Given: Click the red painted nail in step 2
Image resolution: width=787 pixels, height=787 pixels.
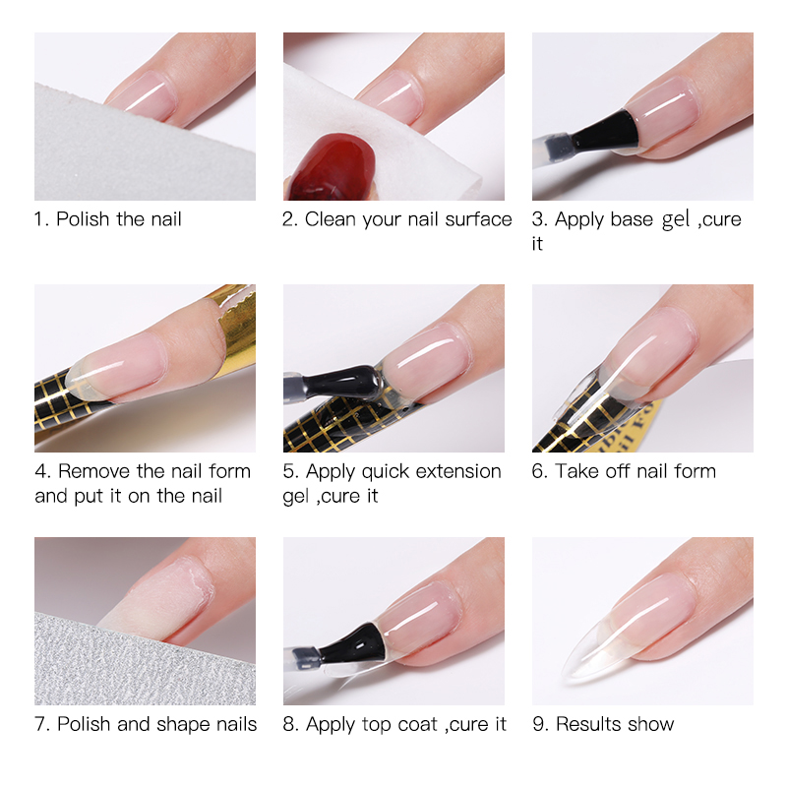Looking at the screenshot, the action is click(x=333, y=168).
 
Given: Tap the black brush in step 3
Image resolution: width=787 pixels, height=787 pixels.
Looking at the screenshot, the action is click(x=606, y=132).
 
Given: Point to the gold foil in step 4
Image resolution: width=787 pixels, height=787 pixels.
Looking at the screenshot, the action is click(x=237, y=321).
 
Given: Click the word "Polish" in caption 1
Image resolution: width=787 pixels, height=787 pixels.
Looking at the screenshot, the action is click(x=83, y=218).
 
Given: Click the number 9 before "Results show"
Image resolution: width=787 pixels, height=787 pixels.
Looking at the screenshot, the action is click(x=538, y=724).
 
